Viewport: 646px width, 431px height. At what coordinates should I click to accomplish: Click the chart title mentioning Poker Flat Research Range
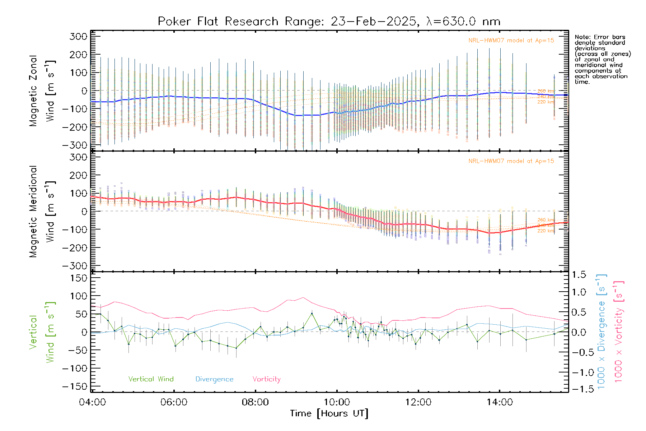(x=329, y=22)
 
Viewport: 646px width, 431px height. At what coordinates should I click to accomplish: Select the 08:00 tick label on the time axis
(x=255, y=402)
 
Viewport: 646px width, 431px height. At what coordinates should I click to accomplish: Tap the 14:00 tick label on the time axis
(x=500, y=402)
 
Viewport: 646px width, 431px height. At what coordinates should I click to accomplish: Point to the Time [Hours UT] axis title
(x=329, y=414)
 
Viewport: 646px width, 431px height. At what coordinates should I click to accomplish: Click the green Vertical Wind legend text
(x=151, y=379)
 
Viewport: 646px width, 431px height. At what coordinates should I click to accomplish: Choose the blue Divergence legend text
(x=214, y=379)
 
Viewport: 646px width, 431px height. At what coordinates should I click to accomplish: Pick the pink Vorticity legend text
(x=266, y=379)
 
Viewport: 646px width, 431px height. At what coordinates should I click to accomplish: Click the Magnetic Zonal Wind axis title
(x=42, y=91)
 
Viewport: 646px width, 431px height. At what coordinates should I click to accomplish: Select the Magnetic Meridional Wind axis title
(x=42, y=211)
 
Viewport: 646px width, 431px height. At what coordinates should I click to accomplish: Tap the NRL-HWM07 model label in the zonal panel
(x=511, y=41)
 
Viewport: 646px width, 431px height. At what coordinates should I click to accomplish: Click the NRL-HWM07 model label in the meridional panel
(x=511, y=161)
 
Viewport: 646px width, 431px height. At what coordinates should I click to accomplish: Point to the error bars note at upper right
(x=602, y=59)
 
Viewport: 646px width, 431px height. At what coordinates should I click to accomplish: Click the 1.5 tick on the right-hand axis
(x=579, y=275)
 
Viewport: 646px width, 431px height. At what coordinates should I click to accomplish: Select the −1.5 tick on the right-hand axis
(x=579, y=389)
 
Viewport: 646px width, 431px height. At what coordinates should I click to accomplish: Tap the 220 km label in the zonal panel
(x=546, y=102)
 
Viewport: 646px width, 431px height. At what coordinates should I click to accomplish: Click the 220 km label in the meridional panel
(x=546, y=231)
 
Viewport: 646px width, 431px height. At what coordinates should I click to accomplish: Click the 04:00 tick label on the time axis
(x=92, y=402)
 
